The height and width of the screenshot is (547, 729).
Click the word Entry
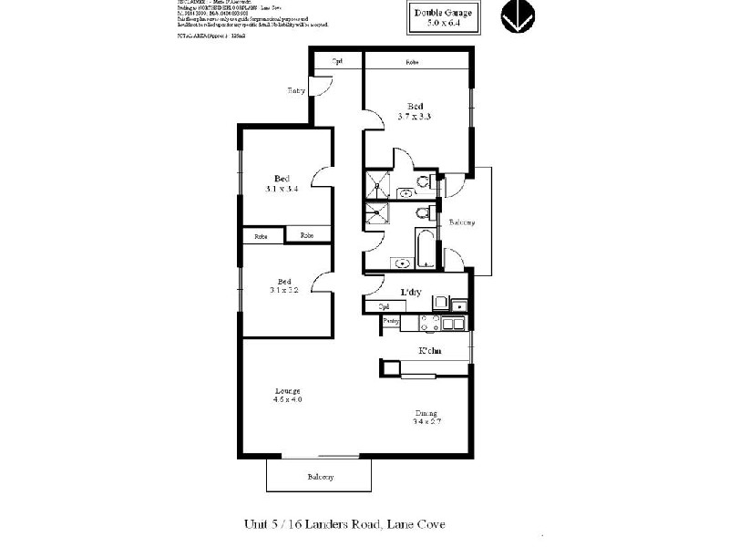296,90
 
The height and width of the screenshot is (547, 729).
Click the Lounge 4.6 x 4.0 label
287,395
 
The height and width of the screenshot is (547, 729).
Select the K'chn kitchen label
430,351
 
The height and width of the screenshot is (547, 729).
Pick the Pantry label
391,321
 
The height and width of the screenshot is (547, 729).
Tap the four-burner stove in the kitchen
429,322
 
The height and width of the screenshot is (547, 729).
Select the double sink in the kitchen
456,322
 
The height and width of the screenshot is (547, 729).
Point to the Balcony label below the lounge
319,477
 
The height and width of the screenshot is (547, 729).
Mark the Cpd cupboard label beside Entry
337,61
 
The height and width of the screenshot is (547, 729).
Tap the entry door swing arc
321,84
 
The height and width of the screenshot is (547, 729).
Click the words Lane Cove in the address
416,524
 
